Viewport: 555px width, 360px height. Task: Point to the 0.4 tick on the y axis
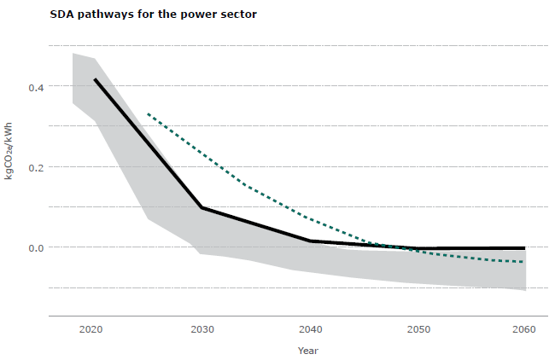tap(35, 86)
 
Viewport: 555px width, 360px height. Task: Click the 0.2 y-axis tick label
tap(35, 166)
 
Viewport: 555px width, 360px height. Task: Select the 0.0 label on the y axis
tap(35, 247)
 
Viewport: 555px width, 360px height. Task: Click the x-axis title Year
tap(309, 350)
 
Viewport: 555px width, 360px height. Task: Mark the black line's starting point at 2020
tap(95, 79)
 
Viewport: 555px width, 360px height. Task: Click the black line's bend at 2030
tap(202, 207)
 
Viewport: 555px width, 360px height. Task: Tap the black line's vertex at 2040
tap(310, 241)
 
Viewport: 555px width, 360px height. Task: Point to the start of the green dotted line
tap(149, 113)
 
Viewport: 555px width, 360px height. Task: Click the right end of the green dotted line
tap(524, 262)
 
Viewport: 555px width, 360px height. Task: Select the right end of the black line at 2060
tap(524, 248)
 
